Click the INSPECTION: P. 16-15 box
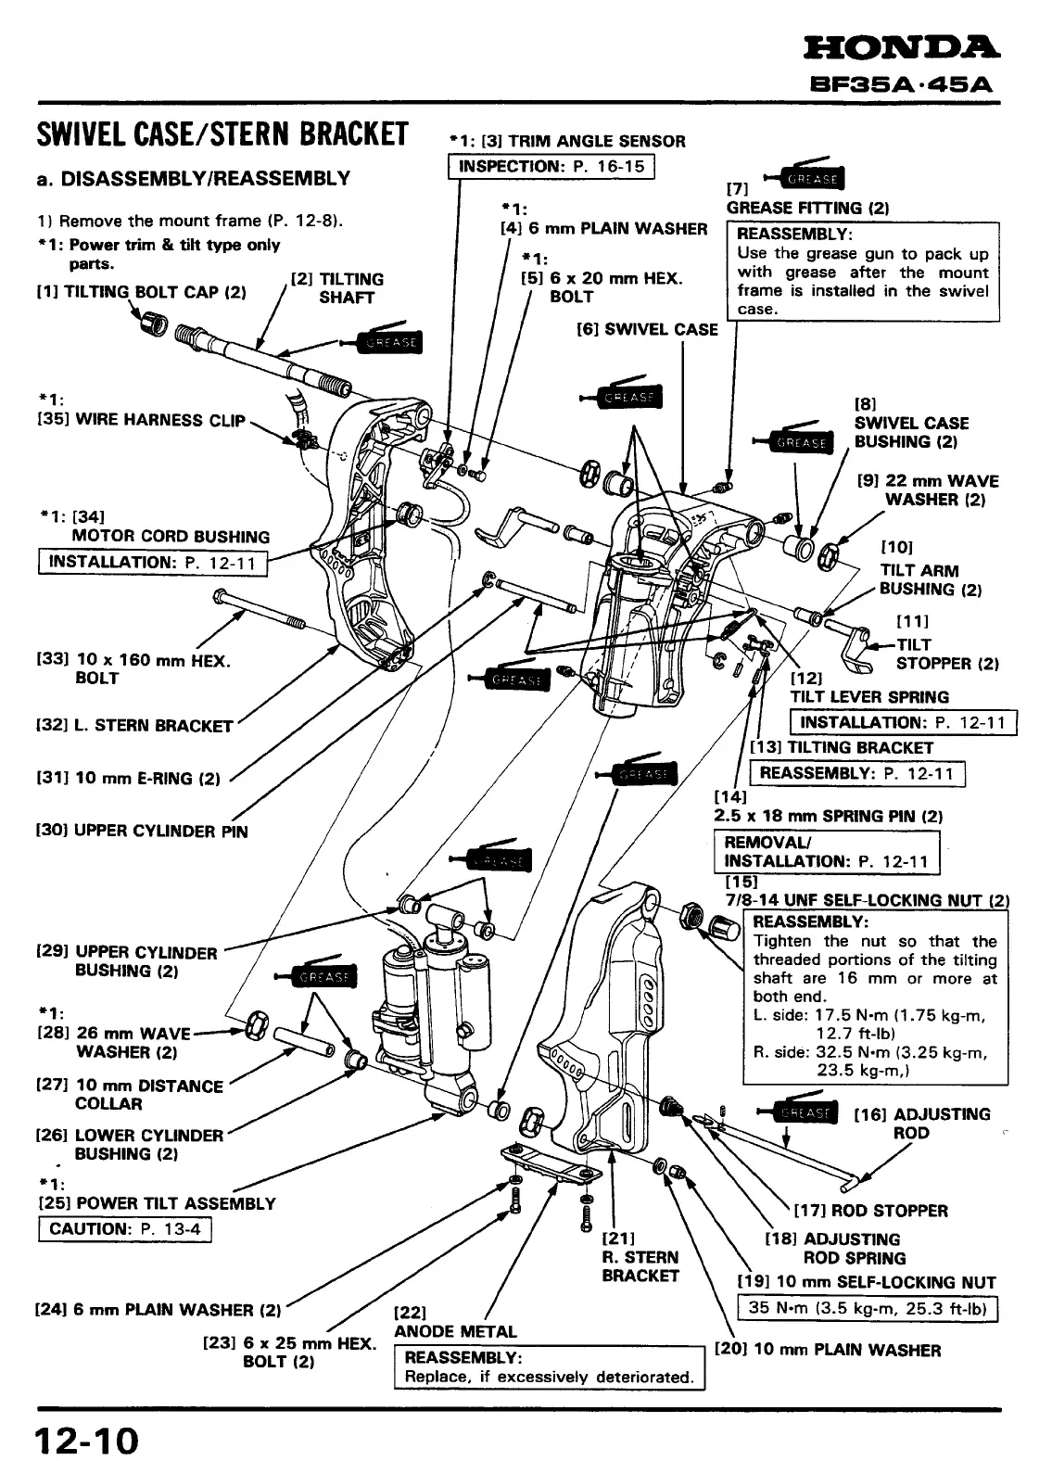tap(552, 167)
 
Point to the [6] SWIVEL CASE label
tap(647, 329)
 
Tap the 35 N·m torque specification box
tap(867, 1309)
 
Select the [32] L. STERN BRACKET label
tap(134, 725)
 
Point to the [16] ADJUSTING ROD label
tap(922, 1124)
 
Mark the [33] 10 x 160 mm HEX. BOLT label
tap(133, 668)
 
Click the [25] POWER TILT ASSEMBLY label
tap(156, 1203)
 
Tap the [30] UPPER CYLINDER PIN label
tap(142, 831)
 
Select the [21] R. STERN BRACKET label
tap(640, 1257)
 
